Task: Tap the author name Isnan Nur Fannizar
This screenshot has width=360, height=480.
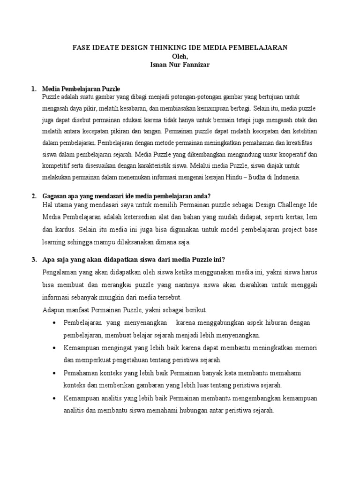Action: point(180,65)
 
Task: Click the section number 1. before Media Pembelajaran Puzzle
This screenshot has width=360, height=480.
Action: point(33,89)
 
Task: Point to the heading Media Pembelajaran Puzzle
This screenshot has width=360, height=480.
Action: point(81,89)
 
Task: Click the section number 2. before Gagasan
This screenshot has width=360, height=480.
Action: point(33,196)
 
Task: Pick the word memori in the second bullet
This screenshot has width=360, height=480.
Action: point(306,348)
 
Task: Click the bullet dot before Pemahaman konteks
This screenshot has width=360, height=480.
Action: point(55,373)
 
